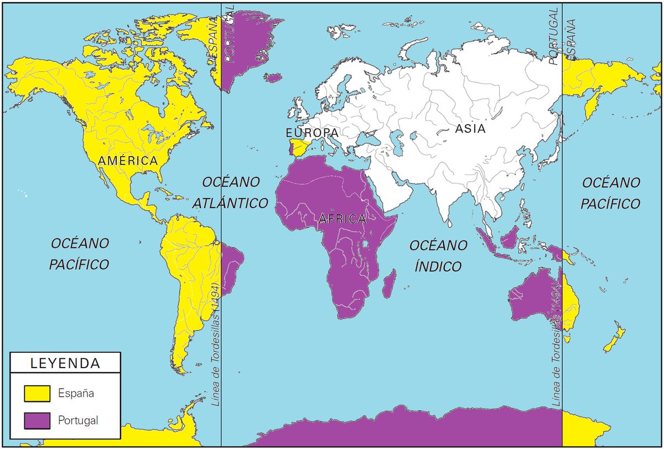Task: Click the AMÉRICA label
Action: pyautogui.click(x=128, y=161)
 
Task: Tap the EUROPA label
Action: pyautogui.click(x=312, y=133)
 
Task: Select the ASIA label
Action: pyautogui.click(x=470, y=129)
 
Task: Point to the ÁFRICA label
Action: pyautogui.click(x=342, y=219)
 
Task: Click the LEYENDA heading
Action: pyautogui.click(x=65, y=364)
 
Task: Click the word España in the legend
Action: pyautogui.click(x=76, y=394)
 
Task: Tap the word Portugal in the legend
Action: pyautogui.click(x=78, y=420)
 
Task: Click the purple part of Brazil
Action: pyautogui.click(x=231, y=266)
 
